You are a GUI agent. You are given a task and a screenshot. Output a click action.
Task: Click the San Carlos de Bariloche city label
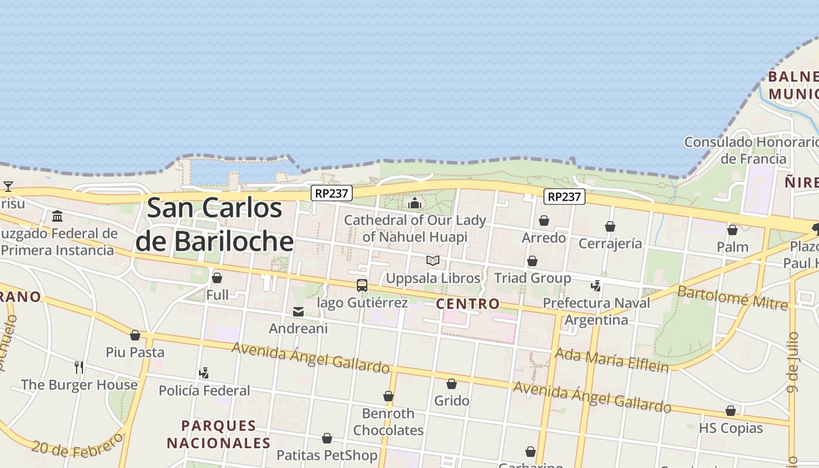point(214,225)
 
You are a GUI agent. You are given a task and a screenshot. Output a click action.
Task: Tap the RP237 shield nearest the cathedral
point(331,193)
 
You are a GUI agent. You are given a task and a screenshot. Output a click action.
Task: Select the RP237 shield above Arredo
point(565,197)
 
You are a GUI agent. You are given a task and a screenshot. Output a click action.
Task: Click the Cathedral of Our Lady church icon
point(415,203)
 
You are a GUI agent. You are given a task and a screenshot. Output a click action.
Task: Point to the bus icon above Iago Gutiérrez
point(362,285)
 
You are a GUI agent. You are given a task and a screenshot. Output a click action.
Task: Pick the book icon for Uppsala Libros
point(433,261)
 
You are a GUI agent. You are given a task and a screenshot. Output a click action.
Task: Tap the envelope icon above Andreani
point(298,312)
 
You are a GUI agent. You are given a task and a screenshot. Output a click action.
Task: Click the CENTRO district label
point(468,304)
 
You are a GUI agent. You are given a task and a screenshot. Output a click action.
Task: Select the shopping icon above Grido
point(452,384)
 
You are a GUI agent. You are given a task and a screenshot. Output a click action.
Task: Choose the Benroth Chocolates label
point(388,422)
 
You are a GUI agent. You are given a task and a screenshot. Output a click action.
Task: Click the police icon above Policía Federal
point(204,373)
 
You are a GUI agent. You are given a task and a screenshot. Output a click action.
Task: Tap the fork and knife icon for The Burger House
point(79,367)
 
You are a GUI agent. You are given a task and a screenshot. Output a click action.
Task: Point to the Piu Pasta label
point(135,352)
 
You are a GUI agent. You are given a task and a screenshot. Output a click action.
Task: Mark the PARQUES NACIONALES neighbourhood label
point(219,434)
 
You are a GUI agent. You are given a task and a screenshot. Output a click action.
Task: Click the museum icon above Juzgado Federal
point(57,216)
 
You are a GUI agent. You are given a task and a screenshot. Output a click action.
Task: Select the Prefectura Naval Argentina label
point(596,311)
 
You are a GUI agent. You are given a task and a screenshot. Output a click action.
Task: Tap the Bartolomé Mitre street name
point(732,298)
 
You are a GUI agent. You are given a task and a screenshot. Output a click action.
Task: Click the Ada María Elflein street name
point(611,360)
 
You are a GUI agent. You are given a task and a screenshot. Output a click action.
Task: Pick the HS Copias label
point(731,428)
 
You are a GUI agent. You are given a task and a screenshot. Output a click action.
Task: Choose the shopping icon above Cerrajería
point(610,226)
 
